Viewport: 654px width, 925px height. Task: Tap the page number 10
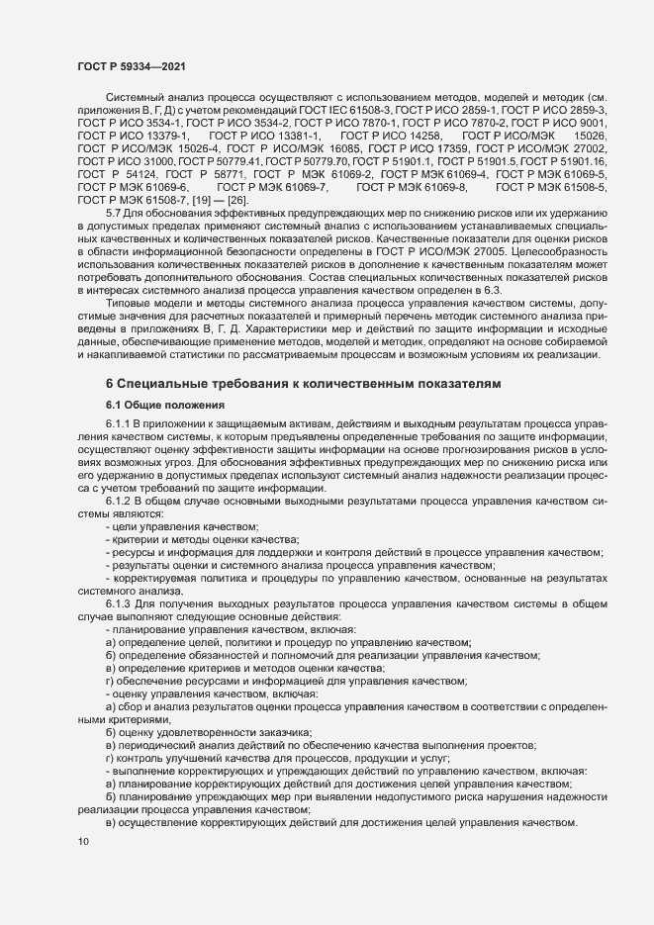tap(83, 842)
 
